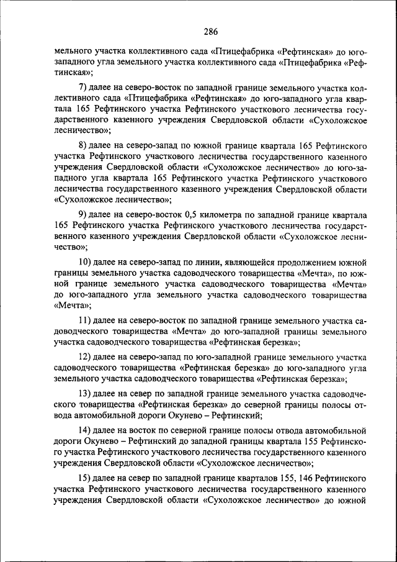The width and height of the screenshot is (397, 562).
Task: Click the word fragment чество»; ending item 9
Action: [x=70, y=247]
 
